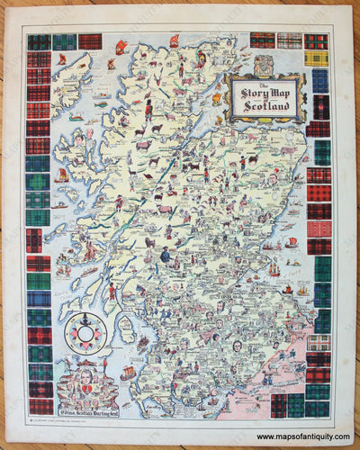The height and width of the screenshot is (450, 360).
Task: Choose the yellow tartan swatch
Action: point(317,59)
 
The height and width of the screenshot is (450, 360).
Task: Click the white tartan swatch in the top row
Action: point(288,40)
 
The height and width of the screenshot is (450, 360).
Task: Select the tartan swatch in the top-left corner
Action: point(38,41)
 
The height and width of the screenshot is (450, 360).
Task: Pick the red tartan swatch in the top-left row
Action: point(89,41)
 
